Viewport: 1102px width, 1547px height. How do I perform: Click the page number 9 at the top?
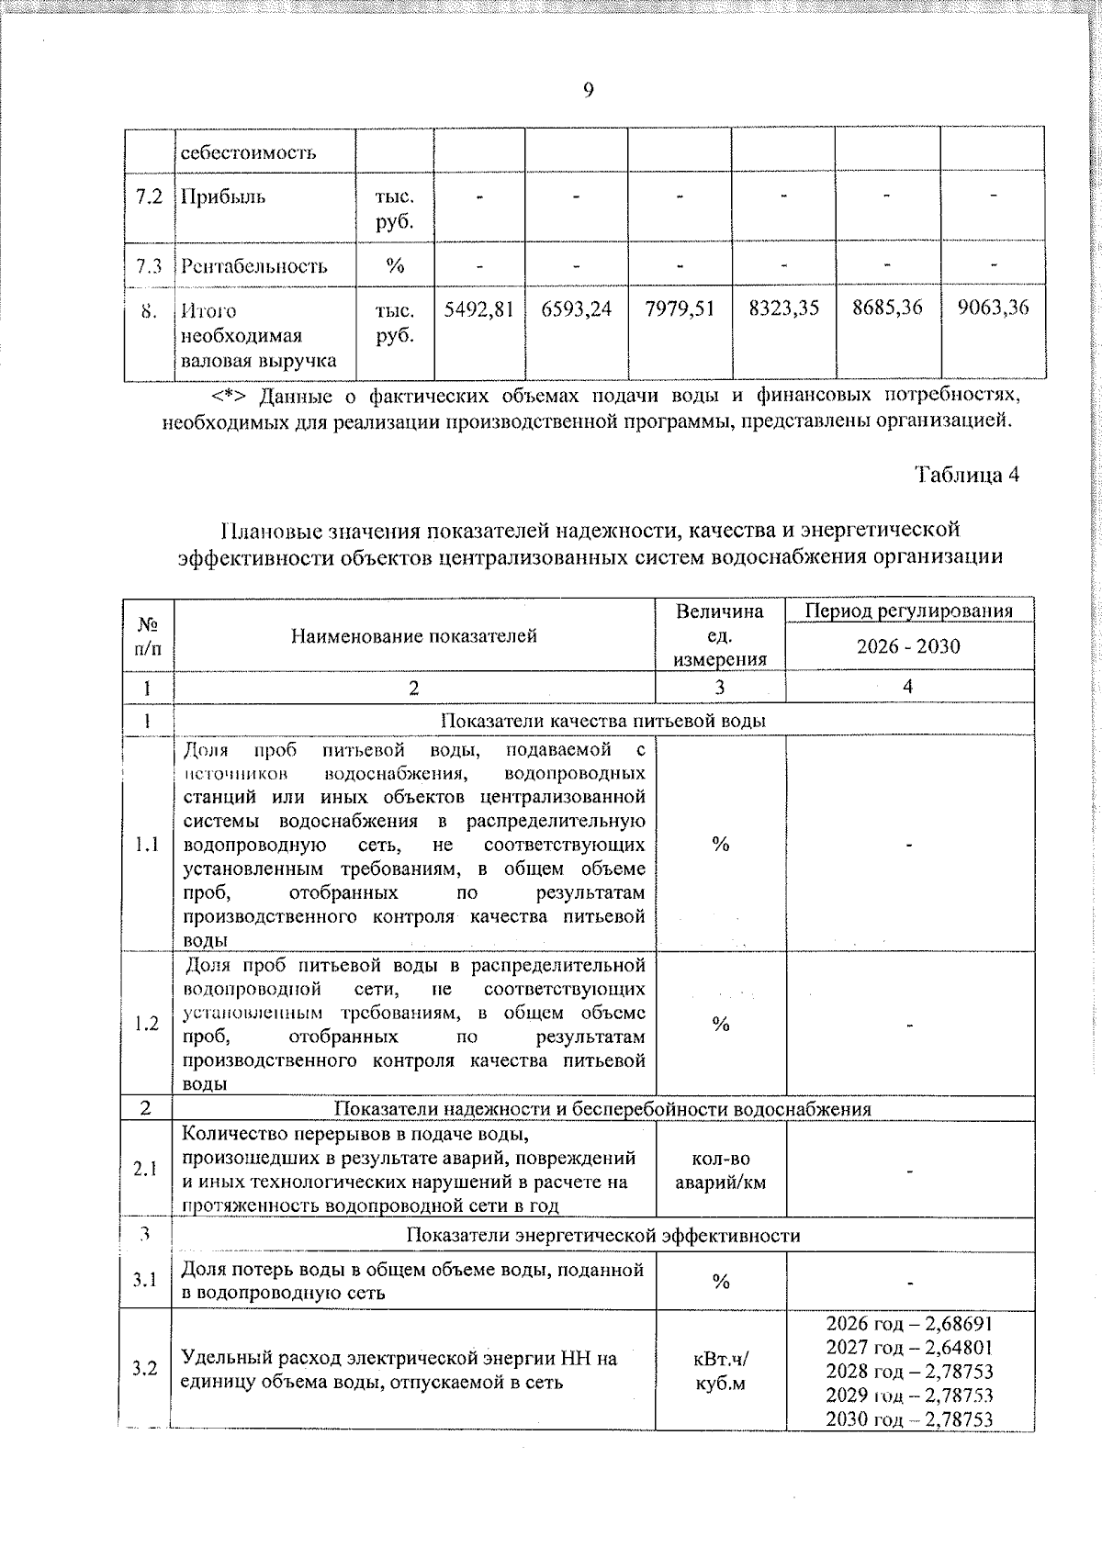pyautogui.click(x=588, y=90)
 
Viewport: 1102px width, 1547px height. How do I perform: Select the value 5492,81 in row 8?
pyautogui.click(x=478, y=308)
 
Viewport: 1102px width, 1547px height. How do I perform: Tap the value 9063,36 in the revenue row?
pyautogui.click(x=993, y=308)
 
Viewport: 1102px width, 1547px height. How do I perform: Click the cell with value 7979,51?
pyautogui.click(x=680, y=308)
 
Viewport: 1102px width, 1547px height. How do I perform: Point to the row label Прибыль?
pyautogui.click(x=223, y=196)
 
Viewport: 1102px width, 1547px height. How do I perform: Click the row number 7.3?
pyautogui.click(x=149, y=266)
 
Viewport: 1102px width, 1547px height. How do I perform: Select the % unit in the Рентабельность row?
pyautogui.click(x=395, y=266)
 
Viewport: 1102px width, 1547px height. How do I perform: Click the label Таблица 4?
pyautogui.click(x=967, y=475)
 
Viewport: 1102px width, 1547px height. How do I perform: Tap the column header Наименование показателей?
pyautogui.click(x=414, y=635)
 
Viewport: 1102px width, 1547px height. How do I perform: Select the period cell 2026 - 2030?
pyautogui.click(x=908, y=646)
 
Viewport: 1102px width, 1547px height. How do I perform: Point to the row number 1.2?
pyautogui.click(x=146, y=1024)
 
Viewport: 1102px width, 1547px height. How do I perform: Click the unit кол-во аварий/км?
pyautogui.click(x=721, y=1171)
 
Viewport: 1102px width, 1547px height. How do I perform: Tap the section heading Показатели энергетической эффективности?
pyautogui.click(x=603, y=1236)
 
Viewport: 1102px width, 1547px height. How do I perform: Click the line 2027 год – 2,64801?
pyautogui.click(x=909, y=1348)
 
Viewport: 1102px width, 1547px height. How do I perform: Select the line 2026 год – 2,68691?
pyautogui.click(x=909, y=1324)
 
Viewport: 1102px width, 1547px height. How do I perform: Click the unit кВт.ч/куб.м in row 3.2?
pyautogui.click(x=721, y=1370)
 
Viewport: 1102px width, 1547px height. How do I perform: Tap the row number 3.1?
pyautogui.click(x=145, y=1280)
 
